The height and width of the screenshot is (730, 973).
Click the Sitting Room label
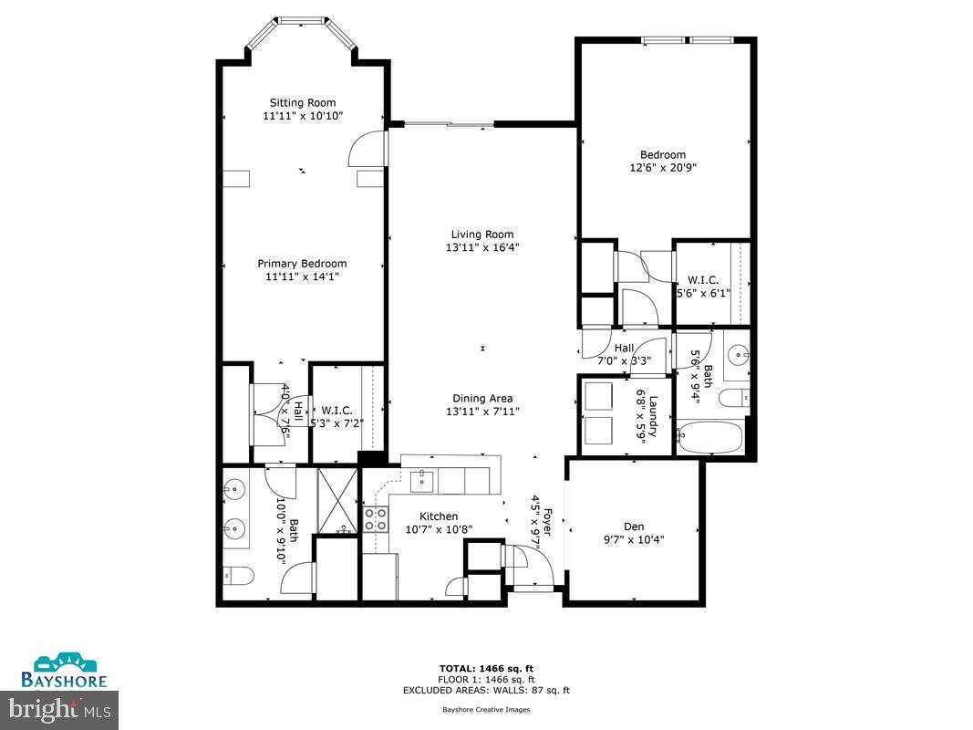302,102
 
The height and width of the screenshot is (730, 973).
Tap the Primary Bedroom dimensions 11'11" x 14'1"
302,276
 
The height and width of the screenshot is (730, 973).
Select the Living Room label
482,234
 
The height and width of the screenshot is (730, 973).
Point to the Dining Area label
482,398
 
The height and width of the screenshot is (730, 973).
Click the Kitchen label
439,516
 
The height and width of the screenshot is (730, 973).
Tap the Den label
634,526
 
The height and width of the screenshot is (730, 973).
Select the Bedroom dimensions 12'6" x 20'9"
663,168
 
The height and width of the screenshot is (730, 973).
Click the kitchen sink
421,480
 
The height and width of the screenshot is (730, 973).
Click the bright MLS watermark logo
60,707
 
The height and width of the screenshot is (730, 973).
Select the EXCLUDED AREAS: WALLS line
486,689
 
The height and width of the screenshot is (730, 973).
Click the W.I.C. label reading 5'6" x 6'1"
703,286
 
